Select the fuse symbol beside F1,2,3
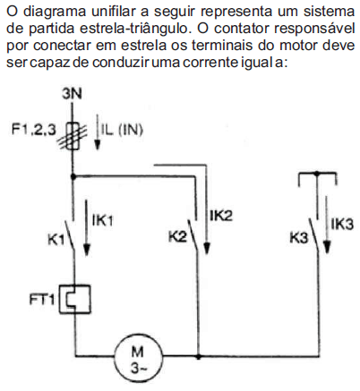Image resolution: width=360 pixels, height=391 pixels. [73, 136]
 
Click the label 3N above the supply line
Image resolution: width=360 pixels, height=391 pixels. [72, 94]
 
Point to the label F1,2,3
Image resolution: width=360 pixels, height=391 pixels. [34, 130]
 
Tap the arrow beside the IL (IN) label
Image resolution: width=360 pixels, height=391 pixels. [97, 133]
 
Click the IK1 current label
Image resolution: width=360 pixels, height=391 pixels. [103, 221]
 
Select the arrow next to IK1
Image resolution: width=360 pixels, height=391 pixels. [87, 228]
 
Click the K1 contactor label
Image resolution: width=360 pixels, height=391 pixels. [56, 239]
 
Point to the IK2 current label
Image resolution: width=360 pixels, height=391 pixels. [221, 216]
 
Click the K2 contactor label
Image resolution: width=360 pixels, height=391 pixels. [177, 236]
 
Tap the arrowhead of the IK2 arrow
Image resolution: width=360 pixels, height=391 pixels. [207, 248]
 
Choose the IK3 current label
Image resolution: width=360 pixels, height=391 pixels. [342, 225]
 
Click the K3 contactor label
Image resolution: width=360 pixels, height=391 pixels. [299, 238]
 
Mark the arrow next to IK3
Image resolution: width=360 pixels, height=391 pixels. [327, 225]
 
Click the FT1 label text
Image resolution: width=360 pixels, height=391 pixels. [42, 300]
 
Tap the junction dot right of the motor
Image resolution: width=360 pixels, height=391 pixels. [199, 356]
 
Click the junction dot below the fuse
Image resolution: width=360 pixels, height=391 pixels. [73, 176]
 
